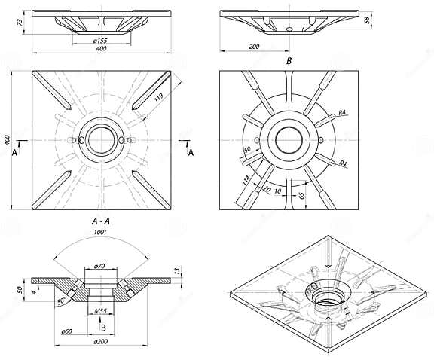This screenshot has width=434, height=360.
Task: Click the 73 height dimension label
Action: click(x=19, y=23)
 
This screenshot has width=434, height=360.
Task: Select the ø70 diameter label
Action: click(x=99, y=267)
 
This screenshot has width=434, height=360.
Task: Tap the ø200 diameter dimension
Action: click(x=99, y=343)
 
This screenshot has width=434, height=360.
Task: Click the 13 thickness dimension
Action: click(x=176, y=271)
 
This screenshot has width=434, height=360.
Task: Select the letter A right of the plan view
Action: click(x=190, y=151)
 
